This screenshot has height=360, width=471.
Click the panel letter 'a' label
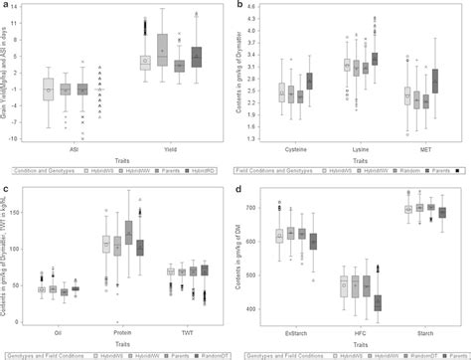click(x=7, y=6)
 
